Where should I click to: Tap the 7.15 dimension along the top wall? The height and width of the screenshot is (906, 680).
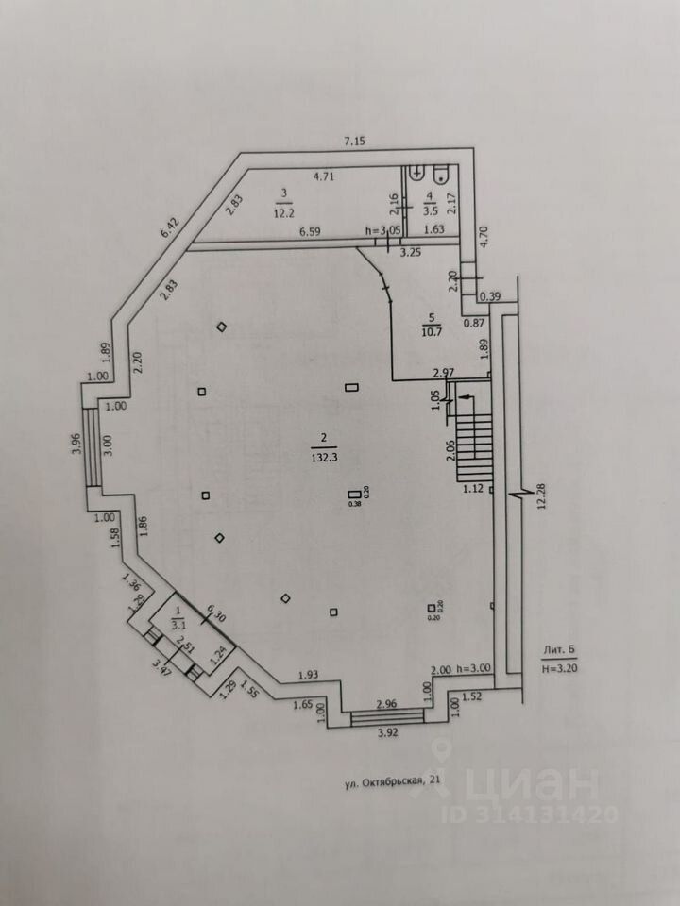(x=354, y=142)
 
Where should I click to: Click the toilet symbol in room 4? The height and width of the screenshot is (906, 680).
(x=440, y=176)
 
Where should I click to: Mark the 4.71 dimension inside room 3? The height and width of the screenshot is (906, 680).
(x=325, y=176)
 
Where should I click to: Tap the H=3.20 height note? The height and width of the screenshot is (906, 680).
(x=561, y=666)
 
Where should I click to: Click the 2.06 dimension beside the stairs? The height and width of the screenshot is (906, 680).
(x=450, y=451)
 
